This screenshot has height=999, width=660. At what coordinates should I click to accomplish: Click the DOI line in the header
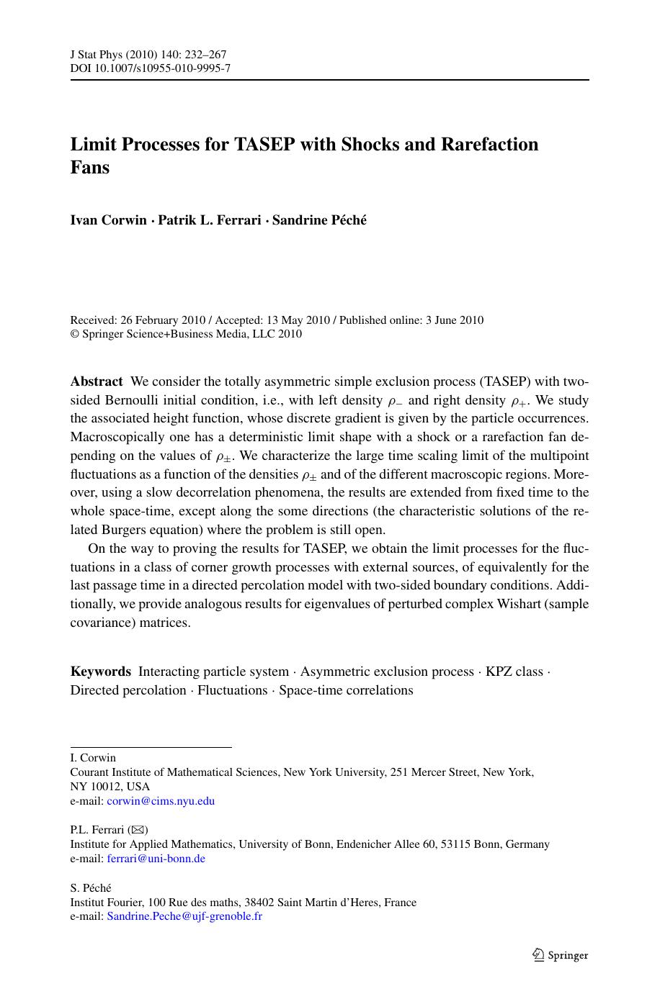click(x=150, y=68)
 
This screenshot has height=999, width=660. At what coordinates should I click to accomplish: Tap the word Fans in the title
click(x=90, y=168)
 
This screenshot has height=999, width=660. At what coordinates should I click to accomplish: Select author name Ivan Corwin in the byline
click(x=108, y=220)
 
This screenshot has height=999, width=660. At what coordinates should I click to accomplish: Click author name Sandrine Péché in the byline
click(x=319, y=220)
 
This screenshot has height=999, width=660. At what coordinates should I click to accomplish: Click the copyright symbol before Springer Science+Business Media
click(x=74, y=334)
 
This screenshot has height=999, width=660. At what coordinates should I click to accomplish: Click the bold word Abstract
click(x=97, y=381)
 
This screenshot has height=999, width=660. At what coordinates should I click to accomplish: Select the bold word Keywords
click(x=100, y=672)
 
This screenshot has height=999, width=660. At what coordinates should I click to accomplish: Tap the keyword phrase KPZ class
click(x=514, y=672)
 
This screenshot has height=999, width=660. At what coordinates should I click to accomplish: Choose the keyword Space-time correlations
click(x=346, y=690)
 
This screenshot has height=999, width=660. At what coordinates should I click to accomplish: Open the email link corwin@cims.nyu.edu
click(x=161, y=800)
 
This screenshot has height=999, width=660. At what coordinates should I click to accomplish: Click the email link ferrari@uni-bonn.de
click(x=156, y=858)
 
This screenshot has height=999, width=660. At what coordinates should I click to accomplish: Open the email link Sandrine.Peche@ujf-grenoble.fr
click(x=184, y=916)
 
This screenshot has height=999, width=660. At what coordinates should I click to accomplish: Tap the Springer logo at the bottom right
click(x=560, y=955)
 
